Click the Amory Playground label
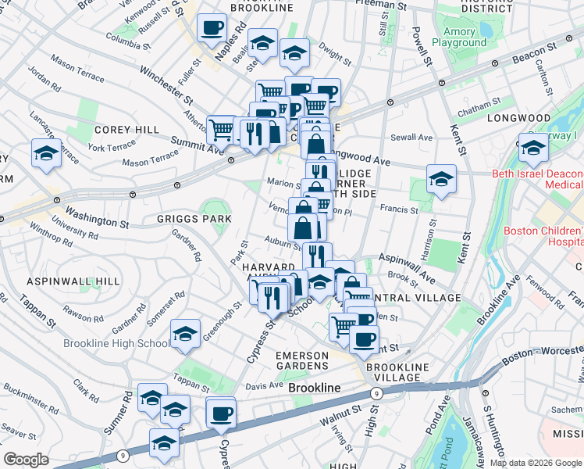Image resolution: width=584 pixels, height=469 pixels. click(459, 38)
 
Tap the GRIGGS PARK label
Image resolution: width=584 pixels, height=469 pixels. click(189, 219)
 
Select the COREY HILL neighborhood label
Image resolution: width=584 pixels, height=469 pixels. click(126, 130)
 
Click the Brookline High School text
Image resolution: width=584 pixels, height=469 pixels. click(117, 343)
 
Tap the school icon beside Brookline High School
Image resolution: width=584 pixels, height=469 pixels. click(185, 334)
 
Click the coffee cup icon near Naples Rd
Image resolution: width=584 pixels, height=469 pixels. click(211, 30)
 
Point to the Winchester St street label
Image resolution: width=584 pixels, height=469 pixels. click(166, 84)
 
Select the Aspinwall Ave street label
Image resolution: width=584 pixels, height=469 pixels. click(407, 267)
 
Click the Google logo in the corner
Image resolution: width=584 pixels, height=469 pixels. click(27, 459)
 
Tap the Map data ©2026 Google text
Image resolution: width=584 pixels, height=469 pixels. click(535, 463)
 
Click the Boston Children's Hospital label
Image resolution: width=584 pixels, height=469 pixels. click(543, 236)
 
